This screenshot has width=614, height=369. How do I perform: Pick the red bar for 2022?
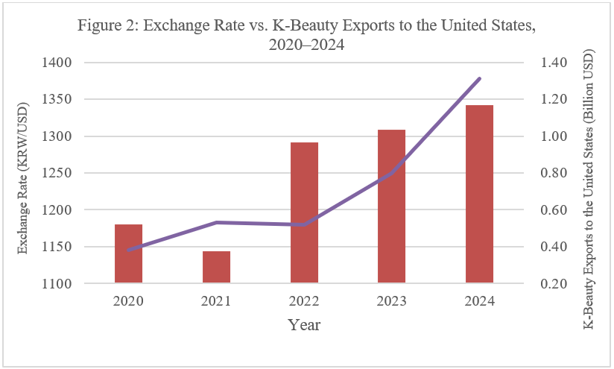pos(304,212)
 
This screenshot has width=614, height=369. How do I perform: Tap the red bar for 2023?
pos(392,206)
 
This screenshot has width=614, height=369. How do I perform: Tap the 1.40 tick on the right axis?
pos(557,63)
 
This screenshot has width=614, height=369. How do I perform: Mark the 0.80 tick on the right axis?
pos(557,173)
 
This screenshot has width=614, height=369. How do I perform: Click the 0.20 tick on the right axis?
pos(557,284)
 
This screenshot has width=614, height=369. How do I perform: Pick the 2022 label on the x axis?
pos(304,302)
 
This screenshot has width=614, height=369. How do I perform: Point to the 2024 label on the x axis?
pos(480,302)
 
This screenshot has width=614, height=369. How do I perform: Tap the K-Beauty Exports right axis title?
pos(589,190)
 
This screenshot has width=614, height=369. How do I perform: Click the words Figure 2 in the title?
pos(106,26)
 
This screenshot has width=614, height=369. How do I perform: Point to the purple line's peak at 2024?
pos(480,78)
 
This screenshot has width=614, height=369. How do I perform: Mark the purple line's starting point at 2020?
pos(128,250)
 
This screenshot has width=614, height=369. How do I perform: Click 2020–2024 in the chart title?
pos(307,45)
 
